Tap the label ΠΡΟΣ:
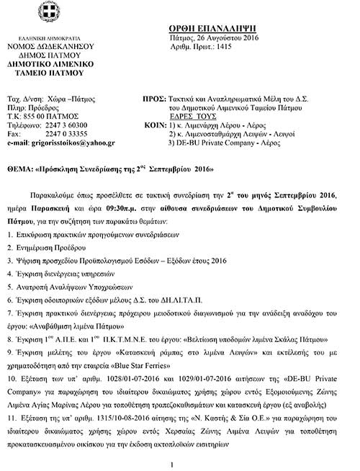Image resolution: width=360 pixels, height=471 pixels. pyautogui.click(x=157, y=95)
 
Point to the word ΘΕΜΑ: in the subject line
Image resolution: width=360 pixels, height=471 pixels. pyautogui.click(x=17, y=170)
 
